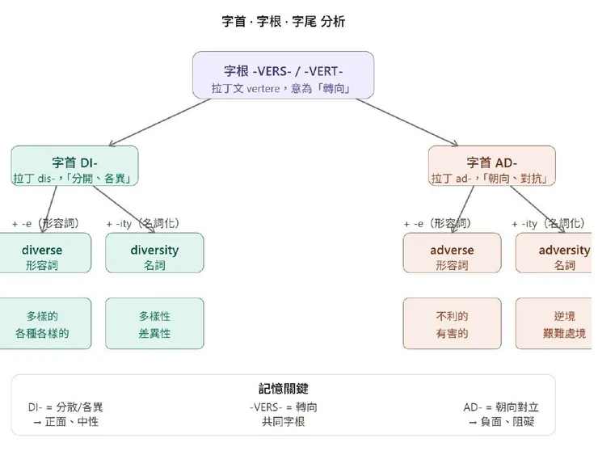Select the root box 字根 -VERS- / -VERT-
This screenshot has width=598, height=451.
tap(283, 75)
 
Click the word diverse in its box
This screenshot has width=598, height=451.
tap(42, 250)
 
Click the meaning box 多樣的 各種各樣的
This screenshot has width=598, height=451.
tap(42, 323)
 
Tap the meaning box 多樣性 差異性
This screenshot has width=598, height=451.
tap(154, 323)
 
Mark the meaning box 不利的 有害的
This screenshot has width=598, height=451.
tap(452, 323)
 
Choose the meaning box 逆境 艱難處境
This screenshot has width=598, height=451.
tap(558, 323)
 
